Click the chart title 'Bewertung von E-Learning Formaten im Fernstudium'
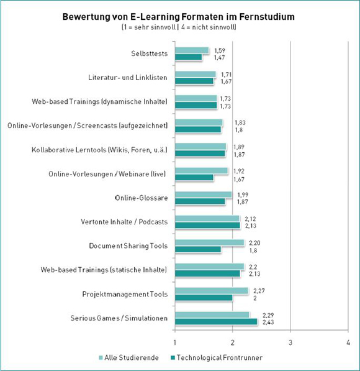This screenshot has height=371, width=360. point(179,17)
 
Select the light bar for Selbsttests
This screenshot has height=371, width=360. point(192,50)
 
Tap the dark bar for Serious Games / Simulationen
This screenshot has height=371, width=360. point(216,322)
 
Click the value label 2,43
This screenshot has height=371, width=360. point(268,322)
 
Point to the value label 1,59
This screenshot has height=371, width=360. point(220,50)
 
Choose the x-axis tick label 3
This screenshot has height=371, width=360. point(290,342)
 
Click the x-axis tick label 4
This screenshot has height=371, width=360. point(348,342)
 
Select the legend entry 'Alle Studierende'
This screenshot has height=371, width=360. point(128,357)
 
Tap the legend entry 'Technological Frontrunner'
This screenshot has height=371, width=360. point(216,357)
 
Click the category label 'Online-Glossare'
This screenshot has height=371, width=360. point(142,198)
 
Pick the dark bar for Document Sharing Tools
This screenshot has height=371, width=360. point(198,249)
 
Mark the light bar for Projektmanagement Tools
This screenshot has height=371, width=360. point(212,291)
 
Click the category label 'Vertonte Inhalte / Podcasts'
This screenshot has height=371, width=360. point(124,222)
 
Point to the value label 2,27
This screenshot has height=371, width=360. point(259,291)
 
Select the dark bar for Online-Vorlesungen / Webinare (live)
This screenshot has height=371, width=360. point(194,178)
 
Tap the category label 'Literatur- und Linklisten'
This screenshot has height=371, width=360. point(128,78)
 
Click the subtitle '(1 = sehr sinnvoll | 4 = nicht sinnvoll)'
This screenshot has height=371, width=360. point(179,27)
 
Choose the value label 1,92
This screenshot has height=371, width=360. point(239,171)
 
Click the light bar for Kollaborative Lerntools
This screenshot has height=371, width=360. point(200,147)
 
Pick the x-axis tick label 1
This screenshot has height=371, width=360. point(175,342)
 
